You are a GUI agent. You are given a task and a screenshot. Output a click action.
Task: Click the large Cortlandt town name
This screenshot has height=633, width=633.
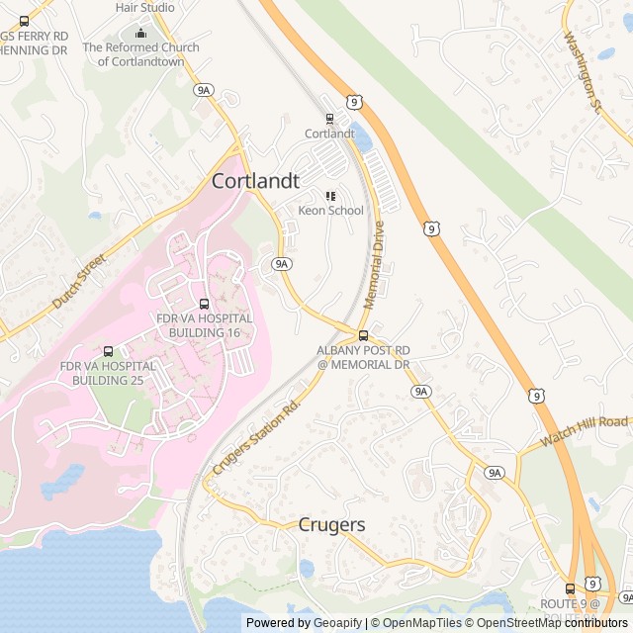pyautogui.click(x=255, y=181)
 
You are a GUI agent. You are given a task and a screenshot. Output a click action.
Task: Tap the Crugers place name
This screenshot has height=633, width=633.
pyautogui.click(x=331, y=525)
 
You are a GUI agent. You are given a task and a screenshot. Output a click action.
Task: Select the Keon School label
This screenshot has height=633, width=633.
pyautogui.click(x=331, y=211)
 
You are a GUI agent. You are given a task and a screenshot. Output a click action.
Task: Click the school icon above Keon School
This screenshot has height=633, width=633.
pyautogui.click(x=330, y=196)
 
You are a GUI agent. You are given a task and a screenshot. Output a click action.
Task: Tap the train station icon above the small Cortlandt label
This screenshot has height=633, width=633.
pyautogui.click(x=329, y=119)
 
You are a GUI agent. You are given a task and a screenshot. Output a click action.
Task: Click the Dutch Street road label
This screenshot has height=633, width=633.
pyautogui.click(x=78, y=280)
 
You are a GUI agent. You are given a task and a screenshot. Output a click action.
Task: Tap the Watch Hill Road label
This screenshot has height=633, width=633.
pyautogui.click(x=585, y=431)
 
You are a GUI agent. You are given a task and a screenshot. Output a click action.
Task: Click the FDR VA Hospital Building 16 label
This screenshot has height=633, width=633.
pyautogui.click(x=205, y=325)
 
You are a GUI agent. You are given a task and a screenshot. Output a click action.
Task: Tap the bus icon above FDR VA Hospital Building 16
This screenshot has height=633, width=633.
pyautogui.click(x=205, y=304)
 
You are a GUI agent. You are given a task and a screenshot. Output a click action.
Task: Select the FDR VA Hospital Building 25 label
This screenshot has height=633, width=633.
pyautogui.click(x=108, y=373)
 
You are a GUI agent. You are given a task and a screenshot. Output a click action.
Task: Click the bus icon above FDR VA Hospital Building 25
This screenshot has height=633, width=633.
pyautogui.click(x=108, y=351)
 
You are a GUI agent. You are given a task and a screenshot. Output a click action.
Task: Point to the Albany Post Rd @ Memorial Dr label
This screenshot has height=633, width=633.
pyautogui.click(x=363, y=357)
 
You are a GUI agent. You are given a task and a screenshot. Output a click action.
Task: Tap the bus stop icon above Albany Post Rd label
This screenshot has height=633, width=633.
pyautogui.click(x=363, y=335)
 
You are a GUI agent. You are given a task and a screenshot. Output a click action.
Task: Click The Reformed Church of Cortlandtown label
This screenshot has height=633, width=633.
pyautogui.click(x=140, y=53)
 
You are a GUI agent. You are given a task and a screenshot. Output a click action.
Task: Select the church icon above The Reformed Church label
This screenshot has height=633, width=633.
pyautogui.click(x=140, y=32)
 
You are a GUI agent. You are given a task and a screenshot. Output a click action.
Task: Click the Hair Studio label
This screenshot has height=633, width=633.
pyautogui.click(x=144, y=7)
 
